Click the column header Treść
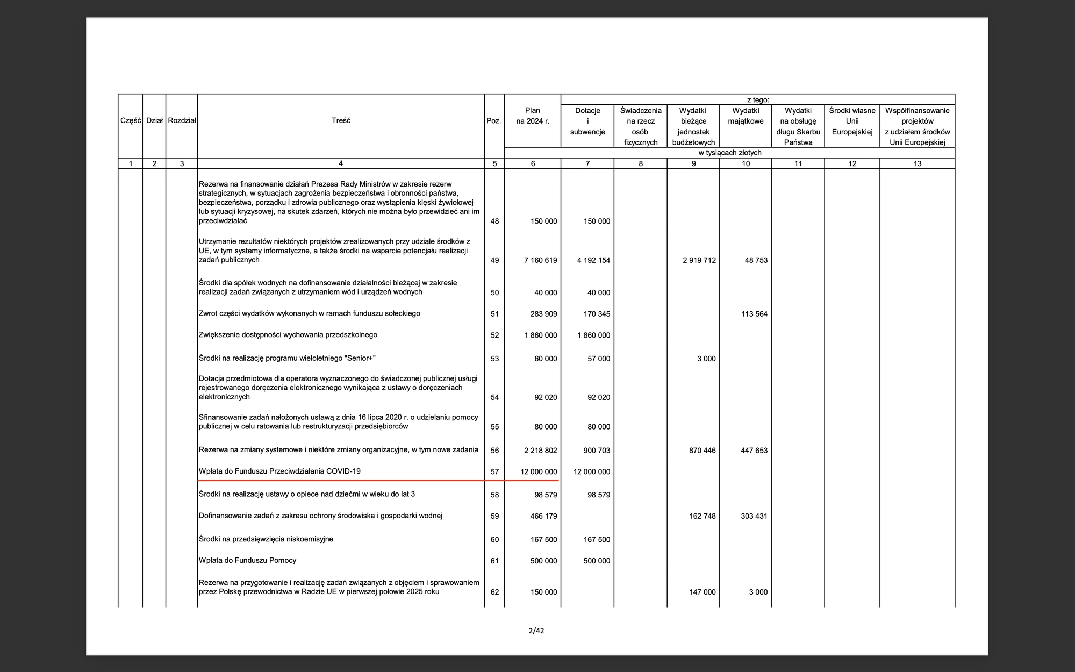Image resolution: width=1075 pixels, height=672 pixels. [x=341, y=121]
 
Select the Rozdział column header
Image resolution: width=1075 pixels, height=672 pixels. [x=182, y=121]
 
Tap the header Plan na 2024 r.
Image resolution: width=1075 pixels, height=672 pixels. [x=533, y=116]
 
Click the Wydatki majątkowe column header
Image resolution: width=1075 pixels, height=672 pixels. [x=746, y=116]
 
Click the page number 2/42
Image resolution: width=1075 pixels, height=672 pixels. [x=536, y=631]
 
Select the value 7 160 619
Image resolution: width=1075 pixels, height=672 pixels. [x=540, y=260]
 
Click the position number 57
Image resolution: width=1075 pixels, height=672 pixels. [x=494, y=472]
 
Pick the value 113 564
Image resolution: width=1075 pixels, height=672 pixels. [x=754, y=314]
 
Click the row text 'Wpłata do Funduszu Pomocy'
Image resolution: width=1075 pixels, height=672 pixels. [x=247, y=560]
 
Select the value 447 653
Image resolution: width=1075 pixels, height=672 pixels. [x=754, y=451]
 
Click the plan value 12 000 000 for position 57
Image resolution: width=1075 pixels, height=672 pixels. [x=539, y=472]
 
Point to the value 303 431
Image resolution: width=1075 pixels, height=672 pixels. [x=754, y=516]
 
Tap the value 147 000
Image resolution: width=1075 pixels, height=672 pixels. [x=702, y=592]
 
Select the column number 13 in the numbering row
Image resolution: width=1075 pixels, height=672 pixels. [x=917, y=163]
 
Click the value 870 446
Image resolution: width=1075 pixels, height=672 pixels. [x=702, y=451]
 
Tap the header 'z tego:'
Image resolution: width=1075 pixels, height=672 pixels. [x=757, y=99]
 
